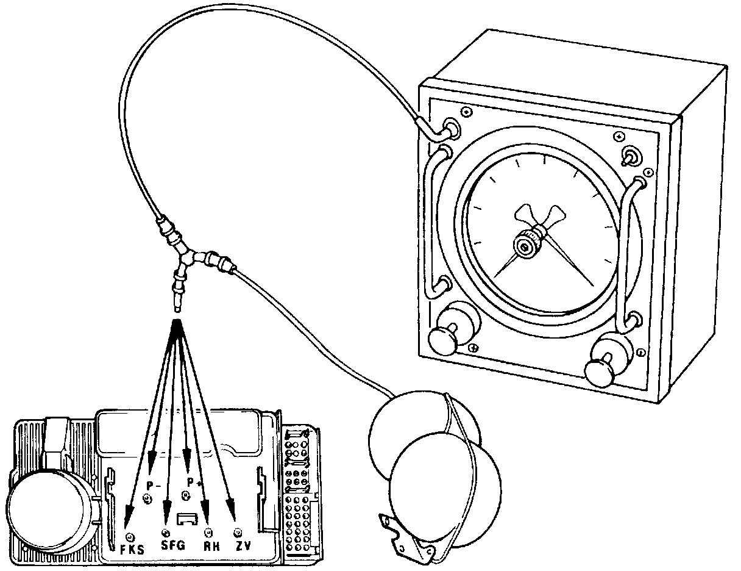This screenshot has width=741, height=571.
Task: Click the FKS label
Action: [x=132, y=549]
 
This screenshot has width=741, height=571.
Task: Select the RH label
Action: [x=211, y=545]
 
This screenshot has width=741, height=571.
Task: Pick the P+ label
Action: [x=194, y=482]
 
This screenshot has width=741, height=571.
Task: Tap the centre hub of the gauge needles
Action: [x=524, y=245]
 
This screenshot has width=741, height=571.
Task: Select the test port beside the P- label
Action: [x=147, y=500]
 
